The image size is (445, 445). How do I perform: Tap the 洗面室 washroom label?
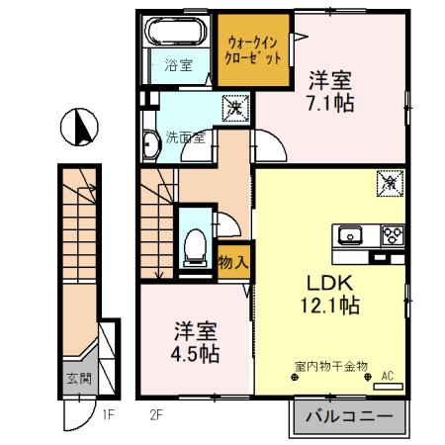(185, 137)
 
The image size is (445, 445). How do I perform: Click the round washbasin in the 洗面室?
(150, 145)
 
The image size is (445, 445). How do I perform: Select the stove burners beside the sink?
(391, 235)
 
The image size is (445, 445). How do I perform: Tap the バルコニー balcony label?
(348, 415)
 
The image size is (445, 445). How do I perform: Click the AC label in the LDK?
(388, 375)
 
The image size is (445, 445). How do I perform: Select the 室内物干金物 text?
(329, 366)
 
